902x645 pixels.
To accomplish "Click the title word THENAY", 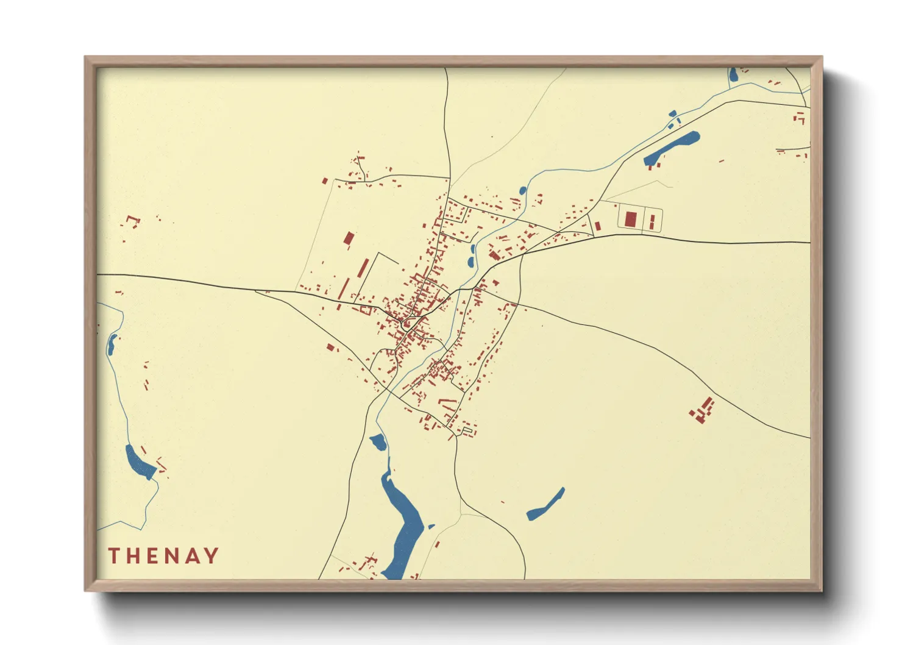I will click(x=163, y=555).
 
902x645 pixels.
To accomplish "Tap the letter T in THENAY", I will click(x=114, y=555).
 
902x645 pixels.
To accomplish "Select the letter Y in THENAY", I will click(x=211, y=555).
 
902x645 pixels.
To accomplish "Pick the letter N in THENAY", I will click(x=172, y=555).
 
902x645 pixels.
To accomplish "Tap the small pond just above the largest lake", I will click(x=378, y=441).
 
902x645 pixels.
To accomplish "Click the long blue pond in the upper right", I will click(x=672, y=147).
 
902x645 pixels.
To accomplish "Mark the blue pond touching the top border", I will click(x=733, y=76).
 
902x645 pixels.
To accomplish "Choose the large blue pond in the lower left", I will click(x=140, y=461).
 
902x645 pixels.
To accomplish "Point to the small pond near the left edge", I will click(x=112, y=344).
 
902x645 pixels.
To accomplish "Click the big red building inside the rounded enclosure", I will click(x=631, y=219).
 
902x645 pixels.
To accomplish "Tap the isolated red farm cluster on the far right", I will click(x=703, y=410).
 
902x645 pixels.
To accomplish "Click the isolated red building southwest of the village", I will click(x=331, y=347).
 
